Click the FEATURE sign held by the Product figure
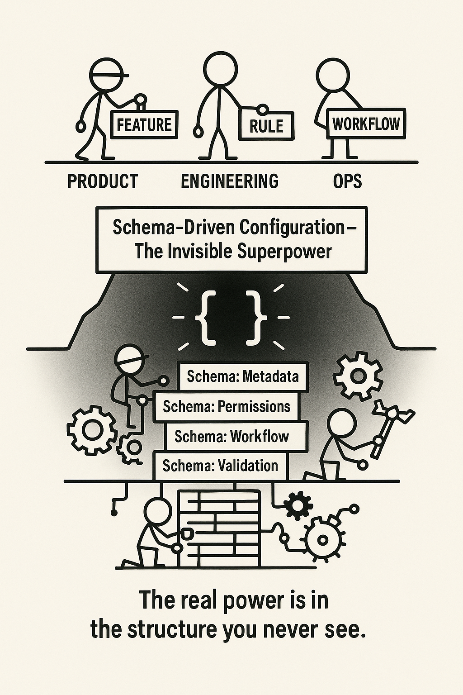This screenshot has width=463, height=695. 144,124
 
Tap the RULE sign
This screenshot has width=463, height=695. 266,125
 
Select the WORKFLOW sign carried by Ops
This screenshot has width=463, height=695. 366,124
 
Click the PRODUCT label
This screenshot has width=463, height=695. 103,181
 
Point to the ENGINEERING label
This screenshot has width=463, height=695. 229,181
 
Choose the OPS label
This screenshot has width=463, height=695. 347,181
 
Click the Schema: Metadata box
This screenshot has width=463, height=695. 243,376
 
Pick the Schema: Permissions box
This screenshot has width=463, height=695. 227,406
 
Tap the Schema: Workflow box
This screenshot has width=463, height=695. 231,436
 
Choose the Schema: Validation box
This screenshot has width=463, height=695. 220,466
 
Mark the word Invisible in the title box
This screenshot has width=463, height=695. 196,252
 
